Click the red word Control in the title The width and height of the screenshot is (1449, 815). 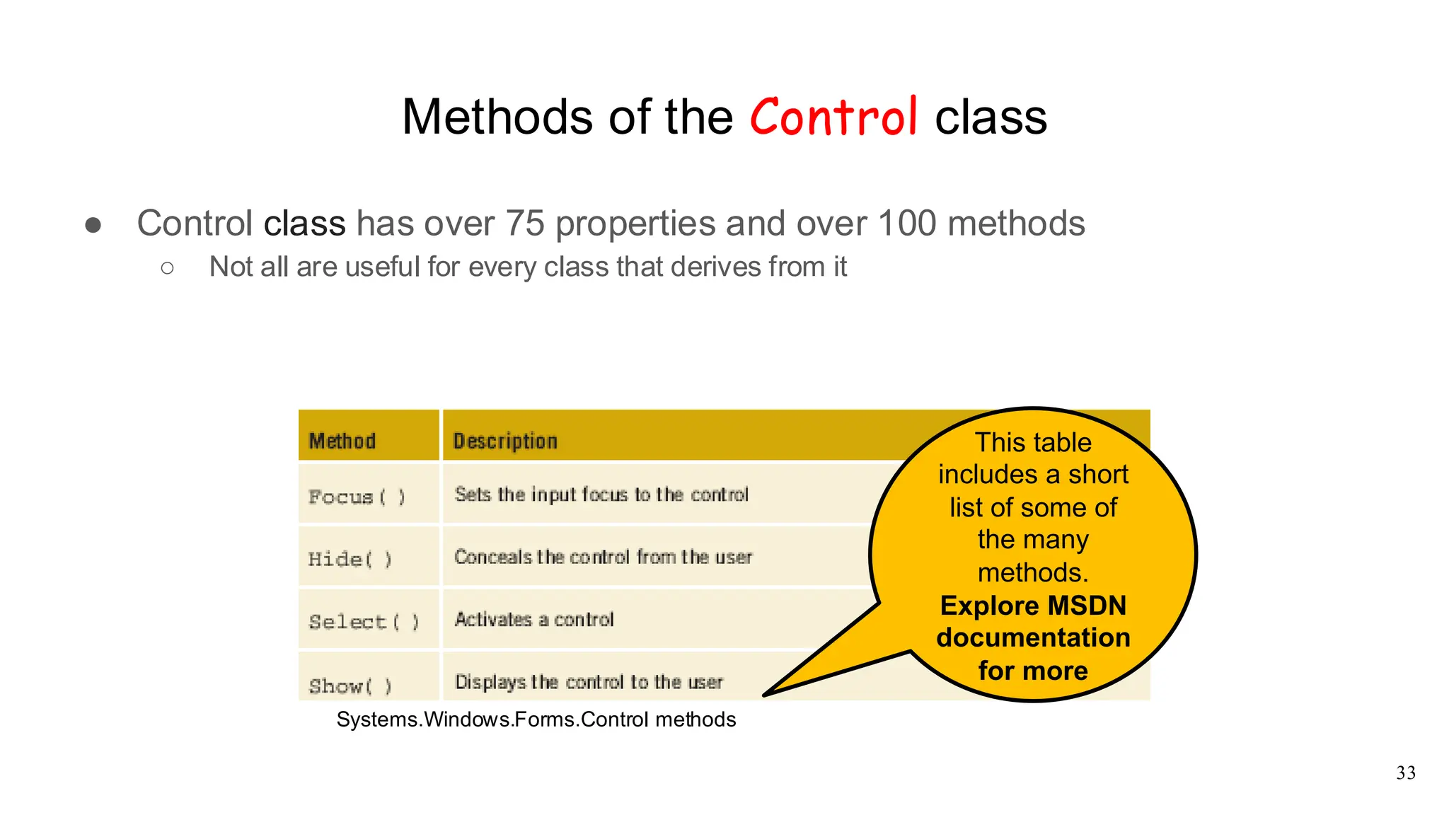coord(833,117)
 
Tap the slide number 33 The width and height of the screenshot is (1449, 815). coord(1405,773)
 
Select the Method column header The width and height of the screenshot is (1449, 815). coord(342,441)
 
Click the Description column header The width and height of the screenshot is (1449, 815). coord(505,441)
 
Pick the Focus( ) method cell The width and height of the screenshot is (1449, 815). coord(357,497)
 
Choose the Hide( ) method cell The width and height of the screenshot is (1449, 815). coord(350,559)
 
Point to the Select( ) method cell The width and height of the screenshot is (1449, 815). coord(364,622)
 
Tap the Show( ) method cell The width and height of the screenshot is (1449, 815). coord(350,686)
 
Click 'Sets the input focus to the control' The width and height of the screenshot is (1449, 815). coord(601,495)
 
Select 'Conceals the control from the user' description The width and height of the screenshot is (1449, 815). coord(603,557)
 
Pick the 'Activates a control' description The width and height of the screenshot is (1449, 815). coord(534,620)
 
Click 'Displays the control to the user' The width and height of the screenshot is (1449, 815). coord(589,682)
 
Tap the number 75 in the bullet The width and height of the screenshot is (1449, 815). coord(524,224)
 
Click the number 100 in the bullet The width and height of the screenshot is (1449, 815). coord(907,224)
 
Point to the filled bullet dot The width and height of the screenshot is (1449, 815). coord(93,225)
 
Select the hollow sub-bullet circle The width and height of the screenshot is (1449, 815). coord(167,267)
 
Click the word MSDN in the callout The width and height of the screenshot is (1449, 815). coord(1087,606)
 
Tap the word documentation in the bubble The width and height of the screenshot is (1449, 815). coord(1033,637)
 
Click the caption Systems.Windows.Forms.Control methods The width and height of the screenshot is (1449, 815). coord(536,719)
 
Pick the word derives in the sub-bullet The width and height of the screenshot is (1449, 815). coord(713,267)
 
